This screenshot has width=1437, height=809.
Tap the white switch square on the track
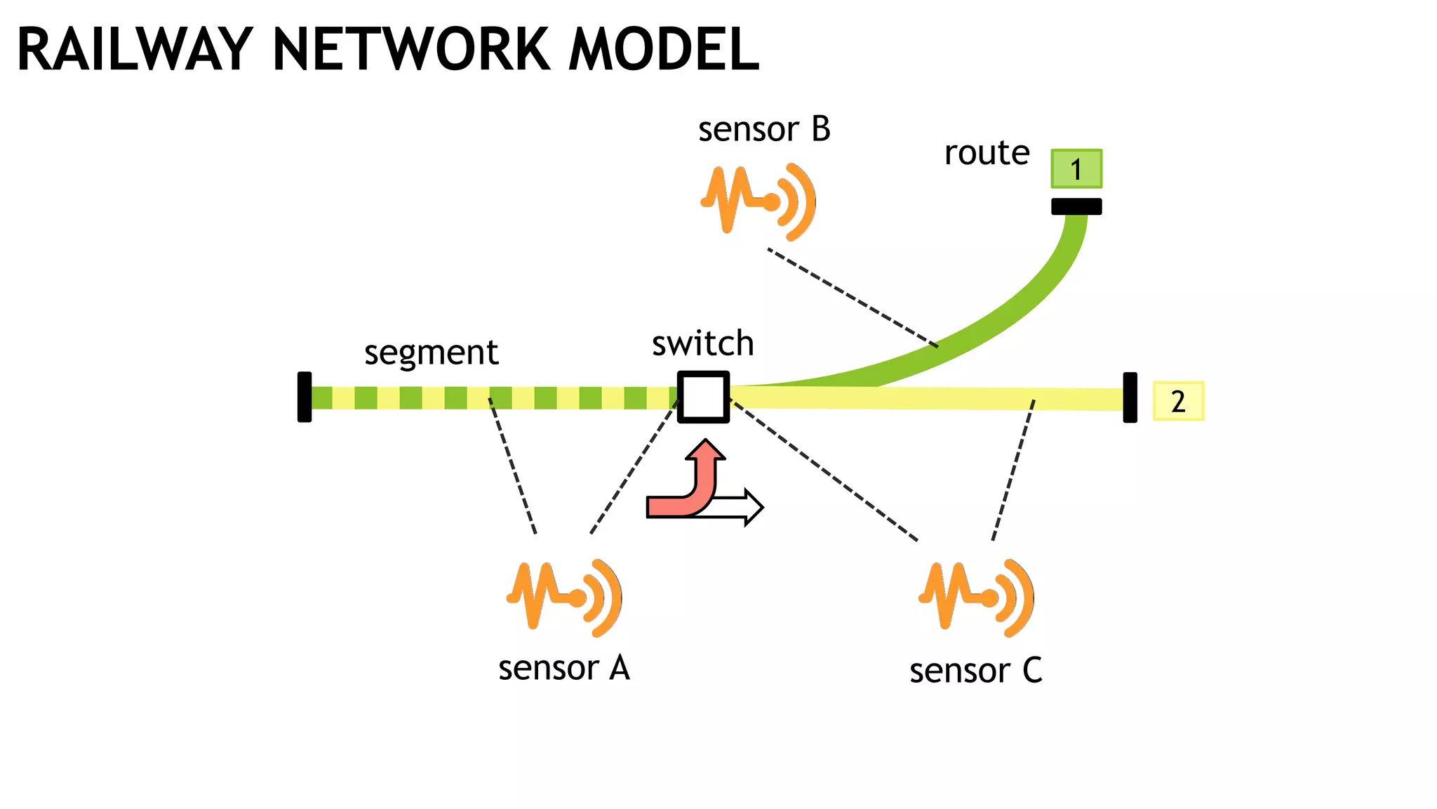pyautogui.click(x=703, y=397)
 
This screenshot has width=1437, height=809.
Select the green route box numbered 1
pyautogui.click(x=1076, y=169)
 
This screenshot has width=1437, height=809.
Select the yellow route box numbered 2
pyautogui.click(x=1178, y=401)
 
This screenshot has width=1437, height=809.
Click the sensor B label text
pyautogui.click(x=764, y=130)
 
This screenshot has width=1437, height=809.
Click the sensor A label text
pyautogui.click(x=564, y=668)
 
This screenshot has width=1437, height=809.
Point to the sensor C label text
pyautogui.click(x=975, y=671)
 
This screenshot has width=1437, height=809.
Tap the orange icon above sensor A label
pyautogui.click(x=564, y=597)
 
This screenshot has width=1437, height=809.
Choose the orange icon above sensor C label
pyautogui.click(x=976, y=597)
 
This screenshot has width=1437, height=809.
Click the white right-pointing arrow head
pyautogui.click(x=754, y=507)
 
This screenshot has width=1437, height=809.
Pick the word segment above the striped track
pyautogui.click(x=431, y=353)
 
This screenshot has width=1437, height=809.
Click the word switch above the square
pyautogui.click(x=702, y=343)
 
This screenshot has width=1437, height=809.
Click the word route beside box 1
pyautogui.click(x=987, y=153)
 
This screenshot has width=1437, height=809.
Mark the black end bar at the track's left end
pyautogui.click(x=305, y=397)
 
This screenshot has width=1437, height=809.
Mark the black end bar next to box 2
pyautogui.click(x=1130, y=397)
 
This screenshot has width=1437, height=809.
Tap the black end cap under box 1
pyautogui.click(x=1076, y=206)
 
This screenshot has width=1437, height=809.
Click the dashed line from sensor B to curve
pyautogui.click(x=853, y=298)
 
